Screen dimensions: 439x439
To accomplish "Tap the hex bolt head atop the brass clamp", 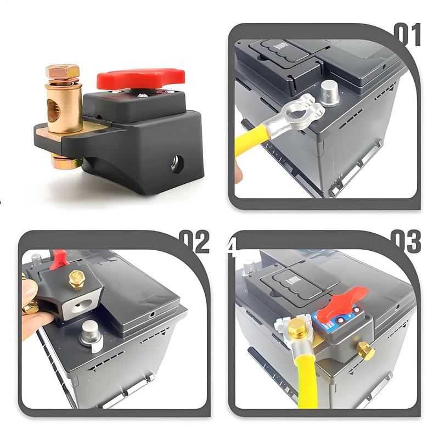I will (62, 71).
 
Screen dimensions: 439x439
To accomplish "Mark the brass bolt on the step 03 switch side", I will (363, 349).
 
